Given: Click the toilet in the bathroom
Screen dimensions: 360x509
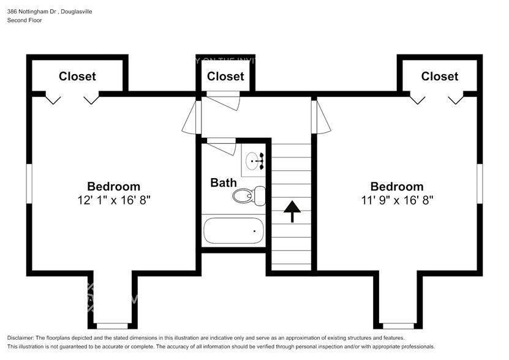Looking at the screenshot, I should coord(248,195).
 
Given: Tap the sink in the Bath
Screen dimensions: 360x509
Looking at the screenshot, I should coord(253,161).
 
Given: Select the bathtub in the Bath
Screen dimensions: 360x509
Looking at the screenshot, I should coord(233,231).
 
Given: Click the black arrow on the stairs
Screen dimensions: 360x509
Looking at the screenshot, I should coord(292,210).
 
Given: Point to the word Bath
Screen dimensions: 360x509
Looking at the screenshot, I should coord(223,182).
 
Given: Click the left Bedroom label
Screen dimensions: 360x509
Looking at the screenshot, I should coord(113,186).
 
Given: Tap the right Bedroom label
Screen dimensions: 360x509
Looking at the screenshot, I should coord(396,186).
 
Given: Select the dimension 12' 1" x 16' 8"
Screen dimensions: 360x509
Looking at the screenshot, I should coord(113,200).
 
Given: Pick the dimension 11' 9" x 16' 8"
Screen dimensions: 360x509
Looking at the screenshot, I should coord(397,200).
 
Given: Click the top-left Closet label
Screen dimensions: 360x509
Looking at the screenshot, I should coord(77,76).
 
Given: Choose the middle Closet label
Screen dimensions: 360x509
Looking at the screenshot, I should coord(225,76).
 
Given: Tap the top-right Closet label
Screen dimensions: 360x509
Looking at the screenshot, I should coord(439,76).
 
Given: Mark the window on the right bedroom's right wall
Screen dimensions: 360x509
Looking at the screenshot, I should coord(480,182).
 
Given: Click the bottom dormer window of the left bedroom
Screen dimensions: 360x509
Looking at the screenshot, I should coord(111,326).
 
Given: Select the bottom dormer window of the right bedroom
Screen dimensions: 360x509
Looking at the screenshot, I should coord(398,326).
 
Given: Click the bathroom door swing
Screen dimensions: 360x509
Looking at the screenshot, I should coord(221,146).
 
